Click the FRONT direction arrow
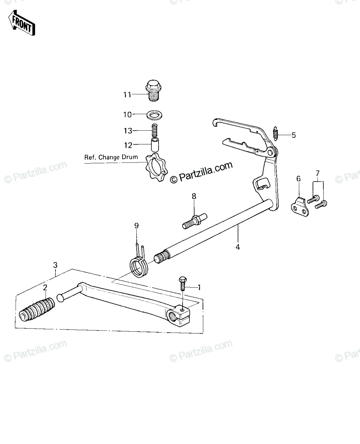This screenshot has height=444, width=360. coord(22,23)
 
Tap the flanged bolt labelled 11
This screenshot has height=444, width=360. coord(153,91)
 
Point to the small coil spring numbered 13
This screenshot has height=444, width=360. coord(154,130)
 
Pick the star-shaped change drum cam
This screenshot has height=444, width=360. coord(156,166)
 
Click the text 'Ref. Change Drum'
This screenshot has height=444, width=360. coord(111,157)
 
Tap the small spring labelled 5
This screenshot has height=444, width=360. coord(276,134)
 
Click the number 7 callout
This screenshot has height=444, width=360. coord(317,173)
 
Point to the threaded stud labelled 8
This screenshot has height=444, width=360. coord(194,221)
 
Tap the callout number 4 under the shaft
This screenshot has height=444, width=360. coord(238,247)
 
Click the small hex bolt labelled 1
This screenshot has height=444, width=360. coord(183,283)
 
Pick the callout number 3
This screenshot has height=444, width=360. coord(55,265)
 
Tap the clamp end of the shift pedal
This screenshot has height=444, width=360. coord(178,318)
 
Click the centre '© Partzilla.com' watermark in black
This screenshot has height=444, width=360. coord(201,172)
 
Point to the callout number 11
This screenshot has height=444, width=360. coord(127,95)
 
